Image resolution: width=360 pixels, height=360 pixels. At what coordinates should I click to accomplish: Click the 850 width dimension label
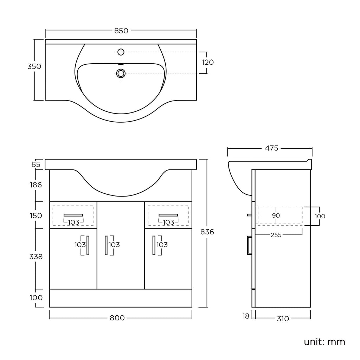click(121, 31)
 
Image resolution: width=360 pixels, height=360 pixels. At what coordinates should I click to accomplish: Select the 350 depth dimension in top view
click(34, 66)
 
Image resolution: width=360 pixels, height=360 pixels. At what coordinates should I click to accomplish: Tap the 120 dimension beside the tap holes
click(207, 63)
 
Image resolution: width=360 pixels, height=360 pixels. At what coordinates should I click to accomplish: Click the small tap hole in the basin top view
click(121, 52)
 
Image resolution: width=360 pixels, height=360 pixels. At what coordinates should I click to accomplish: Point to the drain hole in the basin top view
click(121, 73)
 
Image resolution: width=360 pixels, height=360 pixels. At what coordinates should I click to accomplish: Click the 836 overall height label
click(207, 232)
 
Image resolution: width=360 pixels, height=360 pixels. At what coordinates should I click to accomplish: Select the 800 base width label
click(117, 318)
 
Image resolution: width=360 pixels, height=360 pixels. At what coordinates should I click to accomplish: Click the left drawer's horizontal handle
click(73, 215)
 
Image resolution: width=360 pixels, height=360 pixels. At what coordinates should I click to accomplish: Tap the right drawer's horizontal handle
click(168, 215)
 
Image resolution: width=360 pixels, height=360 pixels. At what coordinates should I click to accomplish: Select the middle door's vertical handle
click(106, 245)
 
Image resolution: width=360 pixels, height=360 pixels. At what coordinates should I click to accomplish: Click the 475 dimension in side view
click(271, 148)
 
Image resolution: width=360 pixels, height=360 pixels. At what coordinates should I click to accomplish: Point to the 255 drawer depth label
click(276, 235)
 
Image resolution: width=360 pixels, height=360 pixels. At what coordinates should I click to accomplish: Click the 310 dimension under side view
click(283, 319)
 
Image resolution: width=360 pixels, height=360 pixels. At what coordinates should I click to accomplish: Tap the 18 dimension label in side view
click(246, 316)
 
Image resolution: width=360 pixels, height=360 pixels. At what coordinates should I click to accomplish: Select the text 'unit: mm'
click(324, 341)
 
